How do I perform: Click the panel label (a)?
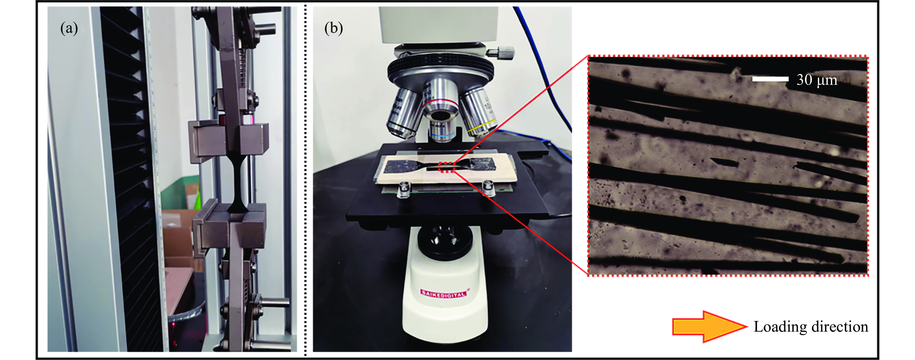coord(69,28)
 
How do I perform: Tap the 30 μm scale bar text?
coord(817,80)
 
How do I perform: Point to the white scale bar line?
coord(770,79)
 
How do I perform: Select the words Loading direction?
coord(811,327)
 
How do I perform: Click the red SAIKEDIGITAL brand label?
coord(443,294)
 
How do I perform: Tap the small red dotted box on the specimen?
coord(447,167)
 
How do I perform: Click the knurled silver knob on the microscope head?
coord(501,53)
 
